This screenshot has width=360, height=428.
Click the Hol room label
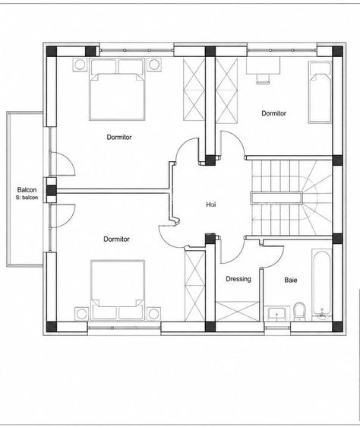point(211,204)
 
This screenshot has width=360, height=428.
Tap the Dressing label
point(238,279)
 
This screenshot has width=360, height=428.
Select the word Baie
point(291,280)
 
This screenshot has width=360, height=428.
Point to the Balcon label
point(27,190)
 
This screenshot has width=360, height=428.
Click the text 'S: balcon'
point(27,198)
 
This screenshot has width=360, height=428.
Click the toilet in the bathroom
point(299,312)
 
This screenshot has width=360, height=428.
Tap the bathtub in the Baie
point(322,284)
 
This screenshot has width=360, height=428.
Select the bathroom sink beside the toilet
point(277,314)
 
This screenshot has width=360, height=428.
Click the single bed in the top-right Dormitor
point(321,92)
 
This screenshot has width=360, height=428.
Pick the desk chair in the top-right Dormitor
point(264,78)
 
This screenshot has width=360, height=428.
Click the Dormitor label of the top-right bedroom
point(273,113)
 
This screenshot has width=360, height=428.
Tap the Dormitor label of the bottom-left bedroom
point(116,239)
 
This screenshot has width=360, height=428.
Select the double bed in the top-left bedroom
point(117,89)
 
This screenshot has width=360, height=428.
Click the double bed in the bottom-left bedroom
point(118,290)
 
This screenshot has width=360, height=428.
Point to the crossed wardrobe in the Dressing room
point(237,311)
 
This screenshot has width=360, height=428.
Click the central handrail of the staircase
point(276,198)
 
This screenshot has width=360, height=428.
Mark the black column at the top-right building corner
point(337,52)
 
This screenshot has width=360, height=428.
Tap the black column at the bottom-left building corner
point(52,327)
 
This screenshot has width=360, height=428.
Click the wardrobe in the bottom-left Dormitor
point(195,286)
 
